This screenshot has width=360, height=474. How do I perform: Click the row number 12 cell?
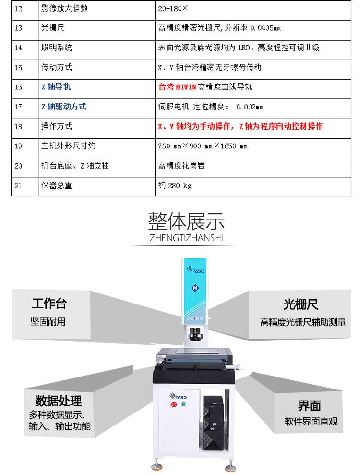click(x=18, y=9)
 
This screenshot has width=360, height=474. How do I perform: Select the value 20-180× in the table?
click(x=173, y=9)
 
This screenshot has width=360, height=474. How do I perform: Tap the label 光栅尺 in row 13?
click(x=53, y=28)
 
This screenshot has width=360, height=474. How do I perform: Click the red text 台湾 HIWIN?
click(x=178, y=87)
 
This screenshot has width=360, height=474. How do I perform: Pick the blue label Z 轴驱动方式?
click(x=64, y=107)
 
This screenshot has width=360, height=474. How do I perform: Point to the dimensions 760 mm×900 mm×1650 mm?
click(x=203, y=146)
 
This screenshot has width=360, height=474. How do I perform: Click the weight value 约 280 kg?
click(x=175, y=185)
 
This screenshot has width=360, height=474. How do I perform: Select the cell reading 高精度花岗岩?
click(x=181, y=166)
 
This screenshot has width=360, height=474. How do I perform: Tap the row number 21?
click(x=18, y=185)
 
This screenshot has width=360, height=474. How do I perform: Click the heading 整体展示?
click(x=186, y=221)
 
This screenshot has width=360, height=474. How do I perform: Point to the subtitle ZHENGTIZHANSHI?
click(x=186, y=238)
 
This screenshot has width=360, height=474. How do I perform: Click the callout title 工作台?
click(x=49, y=303)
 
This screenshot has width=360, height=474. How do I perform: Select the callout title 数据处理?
click(x=59, y=401)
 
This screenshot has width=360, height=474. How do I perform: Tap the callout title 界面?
click(x=309, y=406)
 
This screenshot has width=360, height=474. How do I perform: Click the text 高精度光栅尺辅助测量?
click(x=303, y=322)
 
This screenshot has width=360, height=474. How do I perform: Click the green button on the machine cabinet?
click(x=183, y=404)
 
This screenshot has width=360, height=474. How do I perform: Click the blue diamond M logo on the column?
click(x=195, y=288)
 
